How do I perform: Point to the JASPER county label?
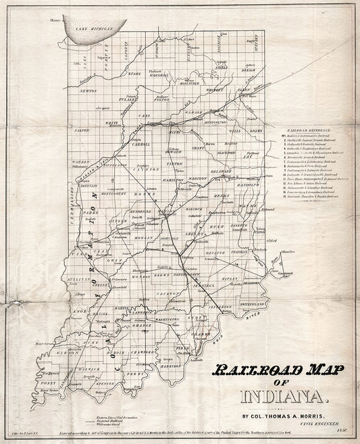tap(82, 127)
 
